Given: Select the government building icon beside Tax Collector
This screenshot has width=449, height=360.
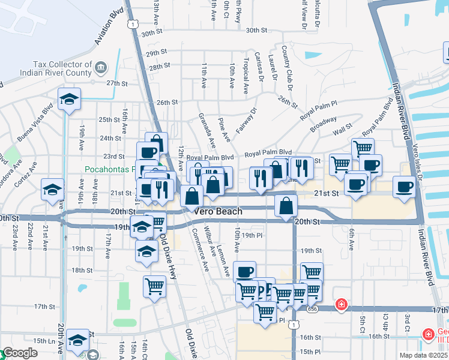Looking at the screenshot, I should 101,65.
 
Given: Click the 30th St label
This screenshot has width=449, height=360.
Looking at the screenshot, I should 256,30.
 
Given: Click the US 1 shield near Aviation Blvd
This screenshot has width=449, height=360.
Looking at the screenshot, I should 131,23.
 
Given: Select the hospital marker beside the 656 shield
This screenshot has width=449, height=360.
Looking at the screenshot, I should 342,305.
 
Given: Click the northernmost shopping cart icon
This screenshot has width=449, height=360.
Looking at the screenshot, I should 362,148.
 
